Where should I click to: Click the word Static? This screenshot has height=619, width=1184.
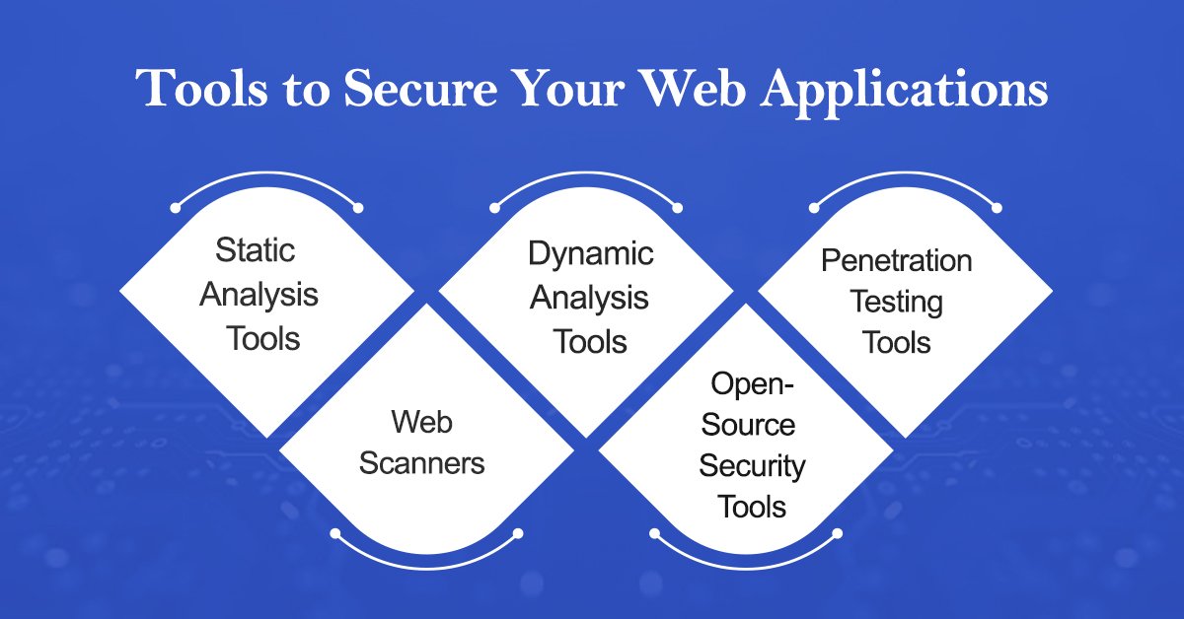pos(255,249)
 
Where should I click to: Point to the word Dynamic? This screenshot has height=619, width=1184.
pos(590,253)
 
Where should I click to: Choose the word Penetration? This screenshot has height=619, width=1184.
pos(896,260)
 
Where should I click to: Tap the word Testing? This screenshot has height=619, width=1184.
pos(896,302)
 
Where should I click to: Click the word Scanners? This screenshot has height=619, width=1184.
pos(421,463)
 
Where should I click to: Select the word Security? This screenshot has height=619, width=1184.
pos(752,465)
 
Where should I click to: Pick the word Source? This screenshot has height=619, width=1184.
pos(752,425)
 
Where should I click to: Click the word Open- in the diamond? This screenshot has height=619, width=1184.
pos(752,382)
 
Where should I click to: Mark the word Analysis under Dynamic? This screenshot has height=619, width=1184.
pos(590,298)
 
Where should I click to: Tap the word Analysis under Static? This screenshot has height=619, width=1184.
pos(259,294)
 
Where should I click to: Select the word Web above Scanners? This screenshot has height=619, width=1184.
pos(421,422)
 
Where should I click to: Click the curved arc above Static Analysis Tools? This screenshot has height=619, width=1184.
pos(266,180)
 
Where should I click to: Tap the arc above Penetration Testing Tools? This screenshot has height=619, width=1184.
pos(905,180)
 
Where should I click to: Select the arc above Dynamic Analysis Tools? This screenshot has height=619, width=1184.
pos(586,180)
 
